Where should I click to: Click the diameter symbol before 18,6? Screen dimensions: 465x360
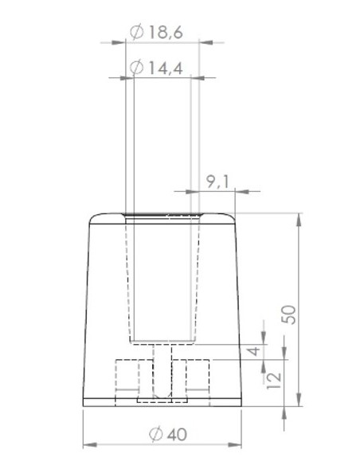[135, 32]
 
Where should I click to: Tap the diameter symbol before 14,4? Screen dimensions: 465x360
[135, 68]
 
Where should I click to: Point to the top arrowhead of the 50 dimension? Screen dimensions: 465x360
[299, 217]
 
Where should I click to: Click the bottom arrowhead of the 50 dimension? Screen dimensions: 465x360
[299, 402]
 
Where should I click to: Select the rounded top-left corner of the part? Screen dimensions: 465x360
[92, 217]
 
